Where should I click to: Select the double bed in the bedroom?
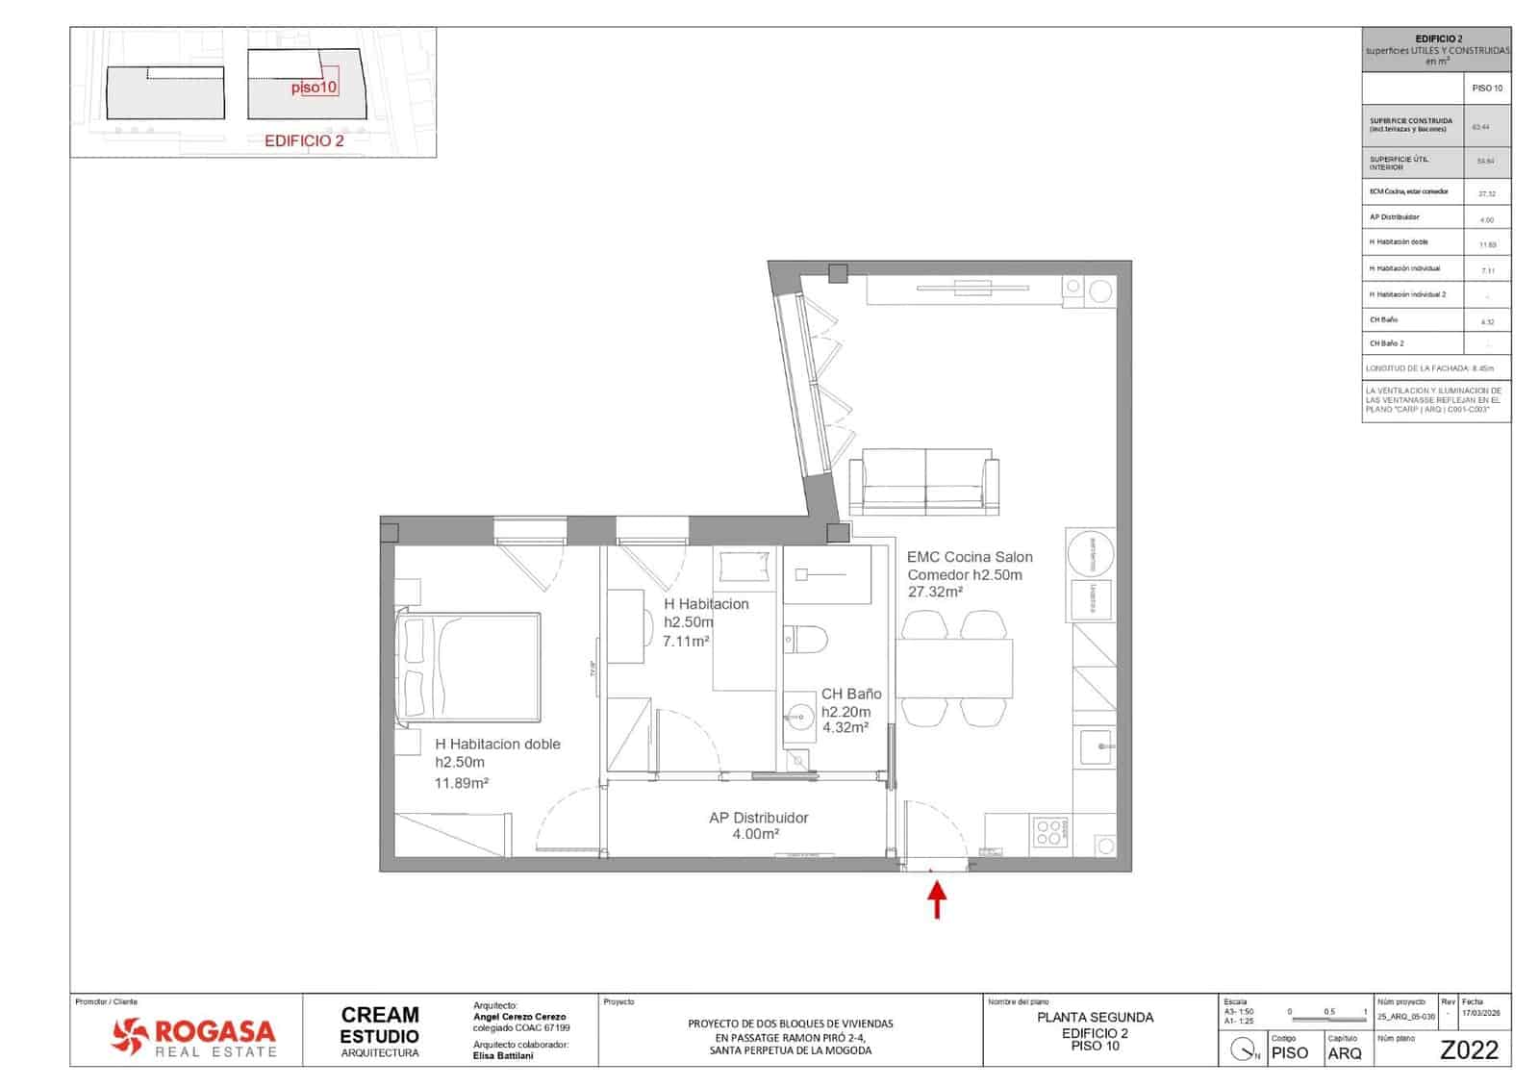468,666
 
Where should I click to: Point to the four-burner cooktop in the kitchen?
1050,832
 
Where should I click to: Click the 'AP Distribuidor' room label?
758,818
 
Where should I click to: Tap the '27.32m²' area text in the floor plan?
935,593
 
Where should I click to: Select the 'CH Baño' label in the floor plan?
850,694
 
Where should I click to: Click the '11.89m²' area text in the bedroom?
462,783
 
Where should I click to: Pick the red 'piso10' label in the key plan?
314,87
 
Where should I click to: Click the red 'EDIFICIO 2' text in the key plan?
304,140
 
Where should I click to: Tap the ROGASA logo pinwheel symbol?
130,1035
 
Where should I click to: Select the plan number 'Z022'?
1469,1050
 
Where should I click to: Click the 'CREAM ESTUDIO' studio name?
380,1024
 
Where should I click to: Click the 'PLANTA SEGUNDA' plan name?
1095,1017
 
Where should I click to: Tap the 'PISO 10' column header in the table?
1487,88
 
